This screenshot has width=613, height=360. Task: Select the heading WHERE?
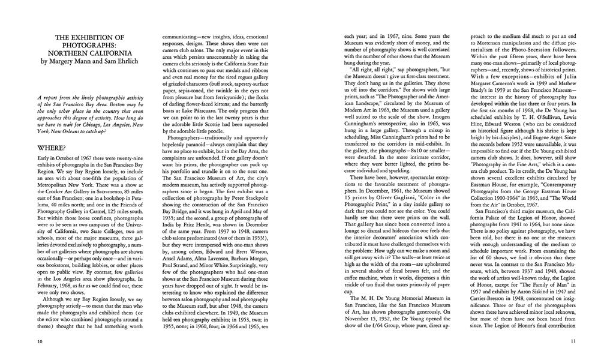(52, 148)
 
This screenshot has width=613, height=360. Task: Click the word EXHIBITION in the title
(96, 38)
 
